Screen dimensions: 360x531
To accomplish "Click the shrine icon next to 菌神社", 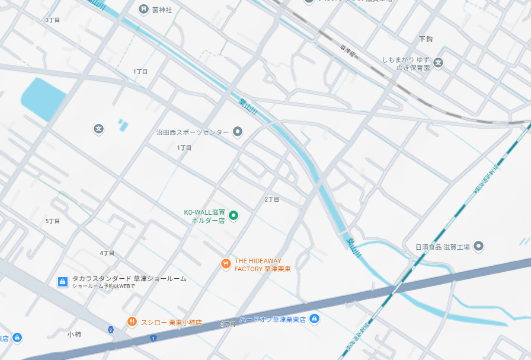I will point(143,9).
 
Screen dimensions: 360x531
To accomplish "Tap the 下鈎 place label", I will point(426,39).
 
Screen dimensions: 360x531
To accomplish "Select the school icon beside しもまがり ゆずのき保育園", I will point(439,62).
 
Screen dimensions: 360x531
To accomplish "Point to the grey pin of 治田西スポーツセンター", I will point(238,132).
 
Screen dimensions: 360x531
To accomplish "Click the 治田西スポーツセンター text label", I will point(192,132).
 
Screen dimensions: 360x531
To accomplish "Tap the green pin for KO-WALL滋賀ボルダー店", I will point(233,215).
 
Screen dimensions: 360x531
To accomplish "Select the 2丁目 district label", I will point(272,200).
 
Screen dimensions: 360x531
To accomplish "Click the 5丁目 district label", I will point(53,221).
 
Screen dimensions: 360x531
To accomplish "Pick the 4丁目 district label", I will point(107,253).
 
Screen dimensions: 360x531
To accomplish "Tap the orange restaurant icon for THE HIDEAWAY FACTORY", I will point(225,265).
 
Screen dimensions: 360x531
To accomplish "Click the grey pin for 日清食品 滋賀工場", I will point(479,246).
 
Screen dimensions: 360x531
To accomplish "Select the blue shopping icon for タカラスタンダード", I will point(62,282).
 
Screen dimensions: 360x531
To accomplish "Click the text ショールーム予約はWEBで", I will point(104,286).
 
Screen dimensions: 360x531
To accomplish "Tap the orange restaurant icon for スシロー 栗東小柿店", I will point(132,322).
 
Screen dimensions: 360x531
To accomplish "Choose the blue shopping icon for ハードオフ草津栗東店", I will point(315,319).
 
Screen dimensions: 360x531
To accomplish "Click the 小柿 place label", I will point(74,334).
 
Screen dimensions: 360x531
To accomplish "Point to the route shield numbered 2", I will point(111,330).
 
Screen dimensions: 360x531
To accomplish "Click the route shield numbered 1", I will point(153,338).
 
